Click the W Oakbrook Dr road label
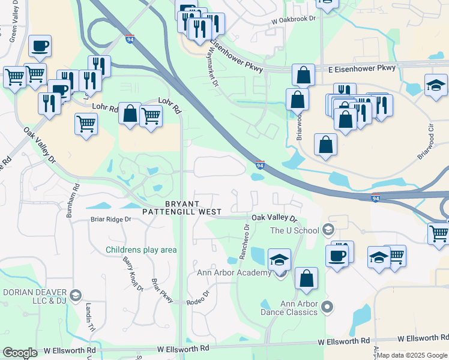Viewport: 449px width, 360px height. (293, 19)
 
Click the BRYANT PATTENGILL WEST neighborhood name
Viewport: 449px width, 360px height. (182, 208)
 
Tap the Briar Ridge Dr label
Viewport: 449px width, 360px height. (110, 220)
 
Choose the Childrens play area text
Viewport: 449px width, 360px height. (141, 250)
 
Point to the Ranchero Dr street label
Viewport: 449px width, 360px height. (244, 241)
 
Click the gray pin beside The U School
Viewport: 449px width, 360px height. (328, 229)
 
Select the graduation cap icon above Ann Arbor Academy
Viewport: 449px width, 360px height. (279, 260)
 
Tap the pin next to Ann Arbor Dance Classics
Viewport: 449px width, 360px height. (327, 307)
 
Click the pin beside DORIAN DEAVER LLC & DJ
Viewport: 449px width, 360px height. (75, 295)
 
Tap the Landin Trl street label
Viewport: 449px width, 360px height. (90, 317)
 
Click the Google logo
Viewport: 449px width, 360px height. (20, 353)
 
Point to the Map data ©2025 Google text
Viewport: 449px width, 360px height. (412, 355)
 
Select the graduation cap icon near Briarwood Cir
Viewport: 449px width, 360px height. (435, 86)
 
